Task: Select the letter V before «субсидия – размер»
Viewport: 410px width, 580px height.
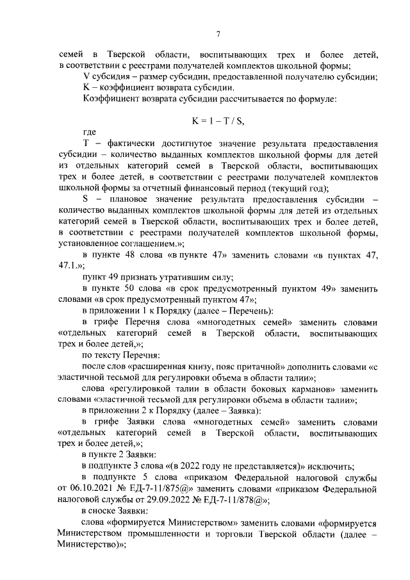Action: [86, 76]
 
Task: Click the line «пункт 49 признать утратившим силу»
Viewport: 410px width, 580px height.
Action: [158, 278]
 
